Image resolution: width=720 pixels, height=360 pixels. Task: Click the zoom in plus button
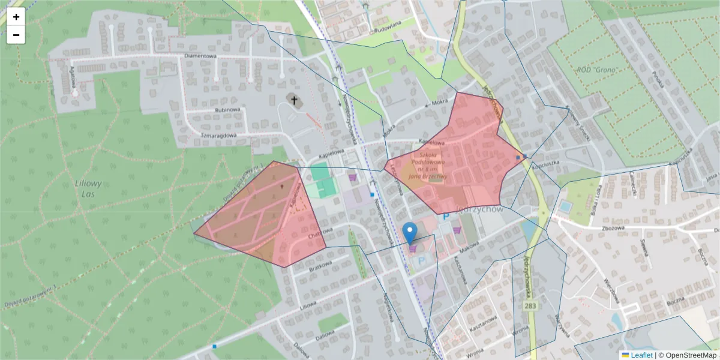click(16, 17)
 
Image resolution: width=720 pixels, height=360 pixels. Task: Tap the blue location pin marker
click(410, 232)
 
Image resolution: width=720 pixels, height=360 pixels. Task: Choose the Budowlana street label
click(386, 28)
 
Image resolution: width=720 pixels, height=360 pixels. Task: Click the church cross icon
click(294, 100)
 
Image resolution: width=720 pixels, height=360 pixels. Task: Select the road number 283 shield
click(530, 306)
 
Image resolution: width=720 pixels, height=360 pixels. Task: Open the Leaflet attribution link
click(641, 355)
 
